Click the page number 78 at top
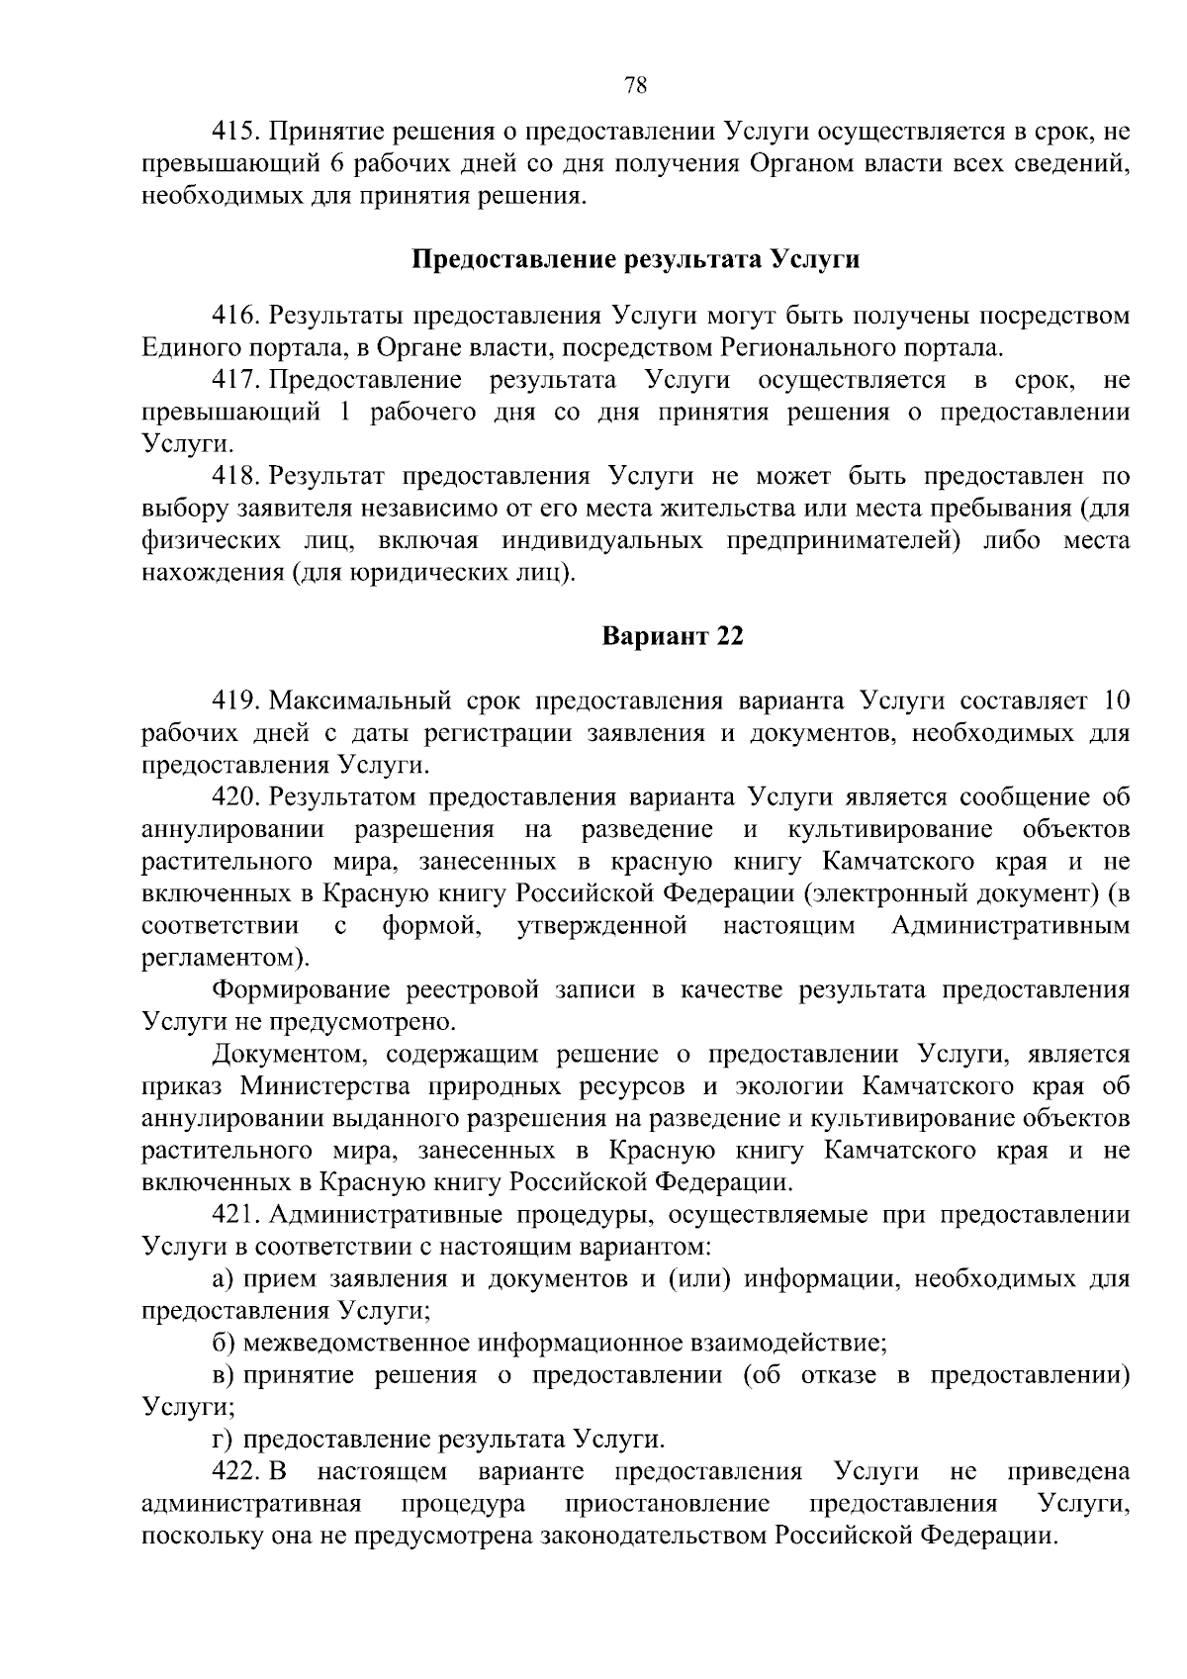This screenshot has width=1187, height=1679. pyautogui.click(x=636, y=85)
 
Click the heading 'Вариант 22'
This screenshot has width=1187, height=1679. pyautogui.click(x=673, y=636)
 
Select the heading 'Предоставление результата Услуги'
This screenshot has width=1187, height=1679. pyautogui.click(x=635, y=260)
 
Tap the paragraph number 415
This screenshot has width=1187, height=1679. pyautogui.click(x=235, y=132)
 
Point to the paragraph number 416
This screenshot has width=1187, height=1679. pyautogui.click(x=235, y=317)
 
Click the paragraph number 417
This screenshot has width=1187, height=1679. pyautogui.click(x=235, y=381)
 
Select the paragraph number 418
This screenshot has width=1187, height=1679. pyautogui.click(x=235, y=477)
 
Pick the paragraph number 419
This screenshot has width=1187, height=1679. pyautogui.click(x=235, y=701)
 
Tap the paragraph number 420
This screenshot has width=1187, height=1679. pyautogui.click(x=235, y=797)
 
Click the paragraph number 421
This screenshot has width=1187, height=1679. pyautogui.click(x=235, y=1214)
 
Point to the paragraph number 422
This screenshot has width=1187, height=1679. pyautogui.click(x=235, y=1471)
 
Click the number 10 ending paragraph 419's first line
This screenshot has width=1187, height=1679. pyautogui.click(x=1115, y=701)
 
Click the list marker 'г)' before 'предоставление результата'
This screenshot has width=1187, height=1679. pyautogui.click(x=223, y=1440)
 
